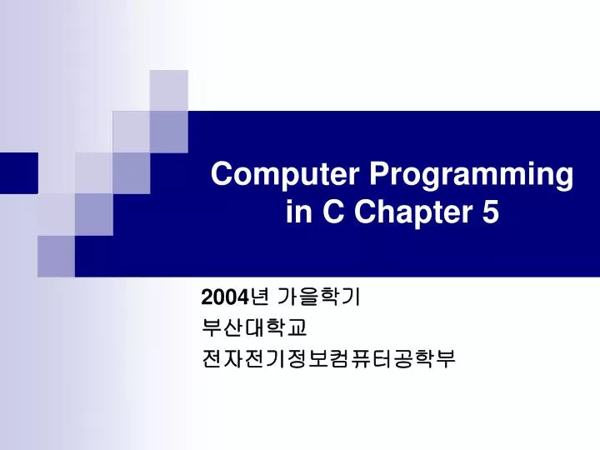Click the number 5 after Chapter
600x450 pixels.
click(x=490, y=213)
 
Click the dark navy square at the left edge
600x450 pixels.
click(x=18, y=172)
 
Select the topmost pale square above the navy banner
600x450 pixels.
click(x=168, y=90)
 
